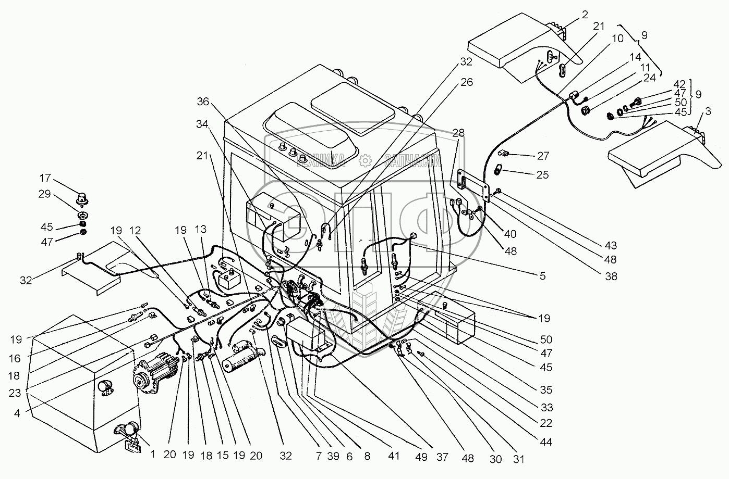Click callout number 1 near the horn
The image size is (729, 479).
coord(153,454)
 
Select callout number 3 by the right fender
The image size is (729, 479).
coord(708,111)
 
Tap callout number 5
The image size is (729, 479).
coord(543,276)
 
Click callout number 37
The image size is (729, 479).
coord(443,458)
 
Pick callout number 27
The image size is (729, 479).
coord(543,156)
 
